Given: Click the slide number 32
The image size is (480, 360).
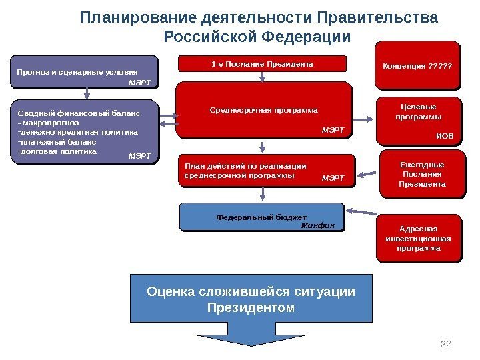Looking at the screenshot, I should pyautogui.click(x=447, y=344).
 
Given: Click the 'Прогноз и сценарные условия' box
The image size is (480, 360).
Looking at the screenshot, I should pyautogui.click(x=85, y=72).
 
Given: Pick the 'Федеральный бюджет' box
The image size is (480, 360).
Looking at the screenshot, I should pyautogui.click(x=263, y=217).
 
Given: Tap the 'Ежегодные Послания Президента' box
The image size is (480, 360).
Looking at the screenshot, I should pyautogui.click(x=421, y=174).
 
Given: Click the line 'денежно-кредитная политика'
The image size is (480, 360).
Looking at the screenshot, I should pyautogui.click(x=78, y=132).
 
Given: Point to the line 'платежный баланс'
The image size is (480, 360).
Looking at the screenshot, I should pyautogui.click(x=58, y=141).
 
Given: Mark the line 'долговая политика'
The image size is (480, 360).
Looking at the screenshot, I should pyautogui.click(x=58, y=151).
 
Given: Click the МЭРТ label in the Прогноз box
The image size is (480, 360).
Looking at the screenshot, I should pyautogui.click(x=139, y=83).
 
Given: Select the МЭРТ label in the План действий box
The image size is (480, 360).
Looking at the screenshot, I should pyautogui.click(x=333, y=178).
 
